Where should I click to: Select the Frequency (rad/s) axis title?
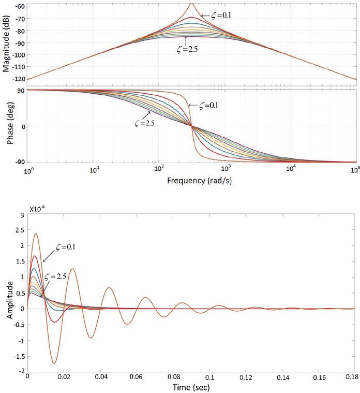click(192, 182)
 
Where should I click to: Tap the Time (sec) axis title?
click(192, 386)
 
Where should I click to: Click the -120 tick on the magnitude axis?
click(19, 80)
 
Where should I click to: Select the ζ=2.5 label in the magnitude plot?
click(186, 50)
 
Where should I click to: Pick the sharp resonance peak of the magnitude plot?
click(192, 4)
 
